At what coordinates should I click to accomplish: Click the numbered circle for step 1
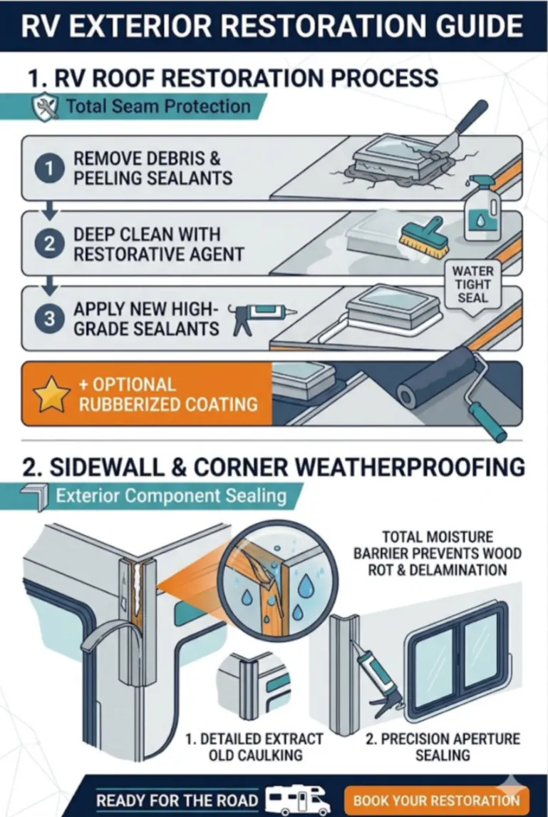coord(49,168)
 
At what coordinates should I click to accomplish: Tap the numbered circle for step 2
coord(49,244)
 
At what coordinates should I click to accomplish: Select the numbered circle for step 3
coord(49,319)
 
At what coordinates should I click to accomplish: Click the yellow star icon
coord(51,395)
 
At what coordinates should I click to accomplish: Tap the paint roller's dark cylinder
coord(436,378)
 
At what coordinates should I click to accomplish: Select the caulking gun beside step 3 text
coord(263,318)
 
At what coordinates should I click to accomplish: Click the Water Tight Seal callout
coord(472,285)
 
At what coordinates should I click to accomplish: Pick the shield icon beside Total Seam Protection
coord(46,106)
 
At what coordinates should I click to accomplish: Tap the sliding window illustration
coord(456,661)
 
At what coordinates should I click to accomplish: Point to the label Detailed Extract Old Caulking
coord(254,747)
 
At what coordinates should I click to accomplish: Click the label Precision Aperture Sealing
coord(443,747)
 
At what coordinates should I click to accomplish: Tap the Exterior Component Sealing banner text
coord(171,496)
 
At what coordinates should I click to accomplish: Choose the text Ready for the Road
coord(177,801)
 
